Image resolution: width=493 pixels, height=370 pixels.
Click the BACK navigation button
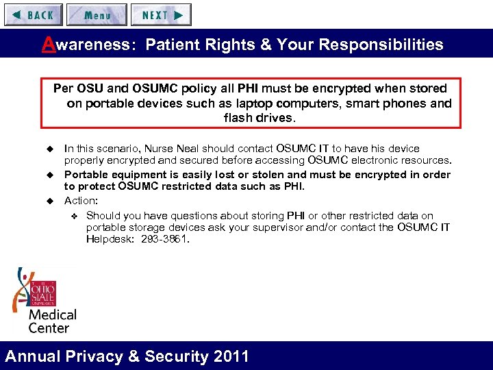pos(34,14)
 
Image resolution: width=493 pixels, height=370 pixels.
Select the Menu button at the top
pos(97,14)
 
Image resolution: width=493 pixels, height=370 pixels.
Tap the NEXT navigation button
pos(161,14)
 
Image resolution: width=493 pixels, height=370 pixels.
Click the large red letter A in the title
pos(47,45)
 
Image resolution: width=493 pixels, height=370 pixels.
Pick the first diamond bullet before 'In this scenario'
pos(49,149)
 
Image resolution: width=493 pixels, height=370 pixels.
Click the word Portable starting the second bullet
pos(85,174)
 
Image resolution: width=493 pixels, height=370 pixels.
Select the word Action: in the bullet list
pos(81,201)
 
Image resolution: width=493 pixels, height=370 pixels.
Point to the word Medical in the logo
pos(52,315)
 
